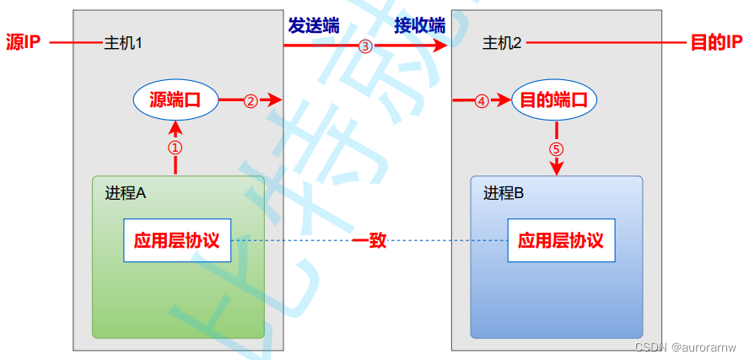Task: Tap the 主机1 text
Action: tap(122, 43)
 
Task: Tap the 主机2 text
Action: tap(503, 43)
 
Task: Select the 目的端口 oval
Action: tap(554, 100)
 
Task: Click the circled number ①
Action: tap(175, 147)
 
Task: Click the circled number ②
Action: tap(251, 101)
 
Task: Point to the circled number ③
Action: tap(365, 46)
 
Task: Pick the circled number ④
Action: tap(482, 101)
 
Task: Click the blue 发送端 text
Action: tap(313, 25)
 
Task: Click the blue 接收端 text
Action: tap(419, 25)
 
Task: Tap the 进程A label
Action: tap(126, 193)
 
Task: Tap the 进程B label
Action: tap(504, 193)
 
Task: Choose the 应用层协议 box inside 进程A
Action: tap(176, 240)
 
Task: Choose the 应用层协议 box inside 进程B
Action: tap(561, 240)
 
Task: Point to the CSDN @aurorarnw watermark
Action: tap(687, 347)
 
